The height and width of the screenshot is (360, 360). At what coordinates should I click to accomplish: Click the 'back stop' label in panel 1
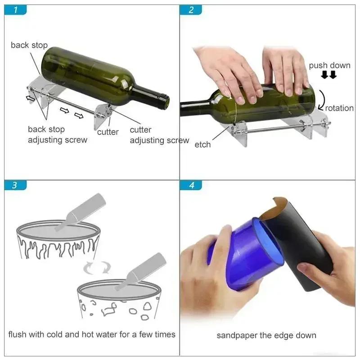[29, 45]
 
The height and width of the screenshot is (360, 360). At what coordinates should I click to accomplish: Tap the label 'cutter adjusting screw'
[159, 135]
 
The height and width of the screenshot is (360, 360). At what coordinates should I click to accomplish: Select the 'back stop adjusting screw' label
[58, 135]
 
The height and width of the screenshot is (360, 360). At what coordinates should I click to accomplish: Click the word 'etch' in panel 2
[202, 145]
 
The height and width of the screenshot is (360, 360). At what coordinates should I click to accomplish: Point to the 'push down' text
[329, 66]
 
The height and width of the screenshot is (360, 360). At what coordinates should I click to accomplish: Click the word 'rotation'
[339, 108]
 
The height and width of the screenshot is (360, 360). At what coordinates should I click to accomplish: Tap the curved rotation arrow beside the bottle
[320, 100]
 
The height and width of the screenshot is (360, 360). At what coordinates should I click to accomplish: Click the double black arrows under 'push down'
[328, 76]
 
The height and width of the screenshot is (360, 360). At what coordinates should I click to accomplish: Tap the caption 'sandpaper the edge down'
[266, 335]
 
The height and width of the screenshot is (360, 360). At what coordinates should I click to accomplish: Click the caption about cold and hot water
[92, 334]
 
